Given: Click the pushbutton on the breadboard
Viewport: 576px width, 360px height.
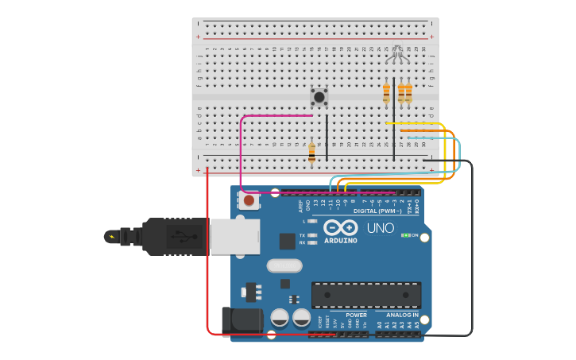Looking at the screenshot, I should [x=319, y=97].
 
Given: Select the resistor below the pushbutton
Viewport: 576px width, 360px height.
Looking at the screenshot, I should [x=311, y=152].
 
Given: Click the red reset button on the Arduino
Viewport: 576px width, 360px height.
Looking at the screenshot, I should [x=249, y=201].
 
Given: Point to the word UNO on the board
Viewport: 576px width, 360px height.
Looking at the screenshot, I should [x=381, y=228].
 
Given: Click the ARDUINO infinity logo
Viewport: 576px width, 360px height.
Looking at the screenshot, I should [x=340, y=228].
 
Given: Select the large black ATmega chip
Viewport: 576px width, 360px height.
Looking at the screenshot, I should [x=366, y=295].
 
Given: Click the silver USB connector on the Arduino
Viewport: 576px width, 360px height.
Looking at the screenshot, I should [x=235, y=237].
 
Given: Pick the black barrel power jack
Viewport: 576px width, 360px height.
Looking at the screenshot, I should [x=242, y=321].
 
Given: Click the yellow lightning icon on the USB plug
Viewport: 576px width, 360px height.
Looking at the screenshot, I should [x=111, y=236].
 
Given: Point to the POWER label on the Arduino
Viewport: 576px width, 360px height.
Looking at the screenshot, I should [x=357, y=315].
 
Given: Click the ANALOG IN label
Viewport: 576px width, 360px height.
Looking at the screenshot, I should [x=397, y=315].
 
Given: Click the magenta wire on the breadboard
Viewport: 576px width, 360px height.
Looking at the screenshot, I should [x=241, y=151].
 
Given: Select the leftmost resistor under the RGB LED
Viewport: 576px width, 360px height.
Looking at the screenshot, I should [x=387, y=93].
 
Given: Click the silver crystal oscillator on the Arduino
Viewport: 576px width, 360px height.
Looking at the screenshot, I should [x=284, y=265].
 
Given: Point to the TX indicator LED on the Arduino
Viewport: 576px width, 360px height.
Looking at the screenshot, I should [x=311, y=235].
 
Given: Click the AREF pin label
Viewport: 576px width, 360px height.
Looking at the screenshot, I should [x=300, y=205].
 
